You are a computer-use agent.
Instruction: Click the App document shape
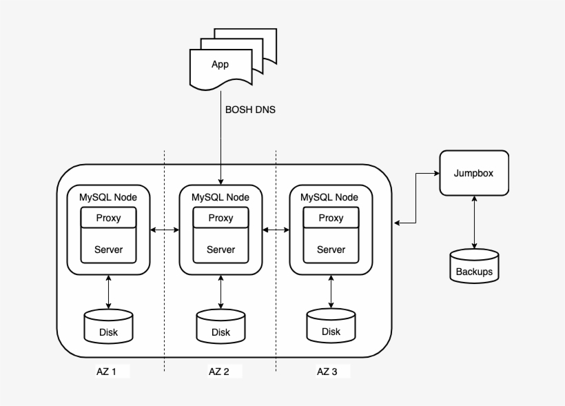tap(220, 66)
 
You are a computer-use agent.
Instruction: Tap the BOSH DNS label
tap(250, 109)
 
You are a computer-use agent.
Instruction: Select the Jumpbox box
tap(473, 173)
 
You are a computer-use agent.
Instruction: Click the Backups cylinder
tap(474, 265)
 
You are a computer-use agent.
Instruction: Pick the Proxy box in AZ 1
tap(108, 218)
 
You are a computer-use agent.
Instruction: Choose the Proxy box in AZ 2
tap(220, 218)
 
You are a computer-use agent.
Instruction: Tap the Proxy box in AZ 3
tap(331, 218)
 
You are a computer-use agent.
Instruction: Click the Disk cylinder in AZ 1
tap(108, 327)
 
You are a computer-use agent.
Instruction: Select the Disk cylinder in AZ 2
tap(220, 327)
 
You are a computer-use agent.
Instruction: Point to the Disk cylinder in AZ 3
tap(331, 326)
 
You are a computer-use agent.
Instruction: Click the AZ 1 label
tap(106, 372)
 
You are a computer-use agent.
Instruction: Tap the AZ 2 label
tap(219, 372)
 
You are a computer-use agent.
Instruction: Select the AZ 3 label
tap(327, 372)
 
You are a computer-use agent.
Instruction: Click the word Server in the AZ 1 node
tap(108, 250)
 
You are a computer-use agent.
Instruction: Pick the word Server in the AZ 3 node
tap(331, 250)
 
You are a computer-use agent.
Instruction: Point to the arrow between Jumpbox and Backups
tap(474, 222)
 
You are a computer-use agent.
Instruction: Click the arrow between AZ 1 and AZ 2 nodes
tap(164, 230)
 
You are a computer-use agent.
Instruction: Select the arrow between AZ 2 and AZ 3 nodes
tap(276, 230)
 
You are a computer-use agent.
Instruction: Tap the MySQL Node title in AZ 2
tap(220, 198)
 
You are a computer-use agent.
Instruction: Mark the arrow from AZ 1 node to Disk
tap(108, 292)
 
